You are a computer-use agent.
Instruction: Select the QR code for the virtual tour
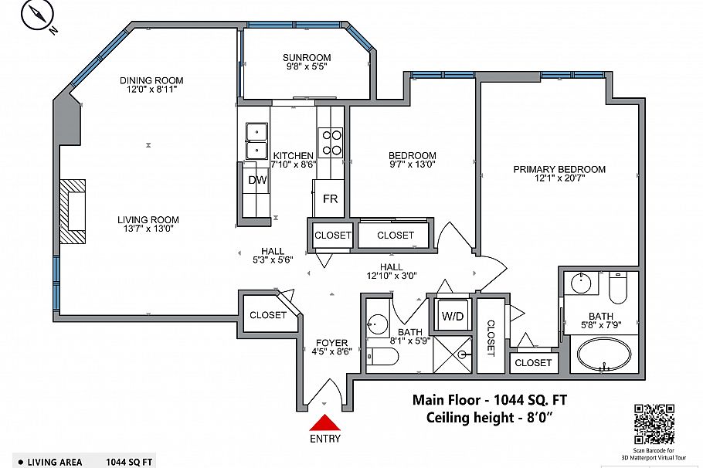[x=653, y=422]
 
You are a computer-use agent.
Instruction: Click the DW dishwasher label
[x=257, y=180]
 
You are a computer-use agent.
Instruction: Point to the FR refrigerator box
[x=330, y=198]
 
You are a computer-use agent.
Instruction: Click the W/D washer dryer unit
[x=451, y=316]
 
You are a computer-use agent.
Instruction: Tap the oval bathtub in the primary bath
[x=603, y=355]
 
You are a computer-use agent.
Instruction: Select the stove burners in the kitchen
[x=331, y=142]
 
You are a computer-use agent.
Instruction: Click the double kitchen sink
[x=256, y=141]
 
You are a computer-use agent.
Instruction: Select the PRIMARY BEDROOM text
[x=559, y=169]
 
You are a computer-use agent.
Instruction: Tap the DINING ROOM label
[x=151, y=80]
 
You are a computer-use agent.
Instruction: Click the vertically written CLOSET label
[x=490, y=337]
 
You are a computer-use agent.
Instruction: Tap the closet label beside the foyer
[x=268, y=315]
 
